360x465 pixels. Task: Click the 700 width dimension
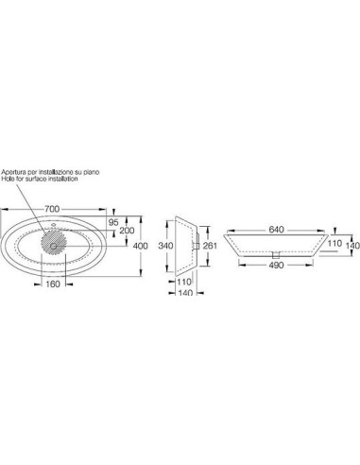[x=52, y=209]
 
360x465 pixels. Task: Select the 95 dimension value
[x=113, y=222]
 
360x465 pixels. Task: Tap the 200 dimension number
[x=127, y=231]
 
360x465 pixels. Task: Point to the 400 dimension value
[x=141, y=246]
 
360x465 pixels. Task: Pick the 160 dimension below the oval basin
[x=53, y=284]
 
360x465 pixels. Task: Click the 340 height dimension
[x=165, y=246]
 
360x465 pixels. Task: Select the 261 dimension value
[x=210, y=246]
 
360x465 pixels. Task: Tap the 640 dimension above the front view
[x=276, y=230]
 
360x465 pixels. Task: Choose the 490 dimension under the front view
[x=276, y=266]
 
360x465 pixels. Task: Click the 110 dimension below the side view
[x=184, y=282]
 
